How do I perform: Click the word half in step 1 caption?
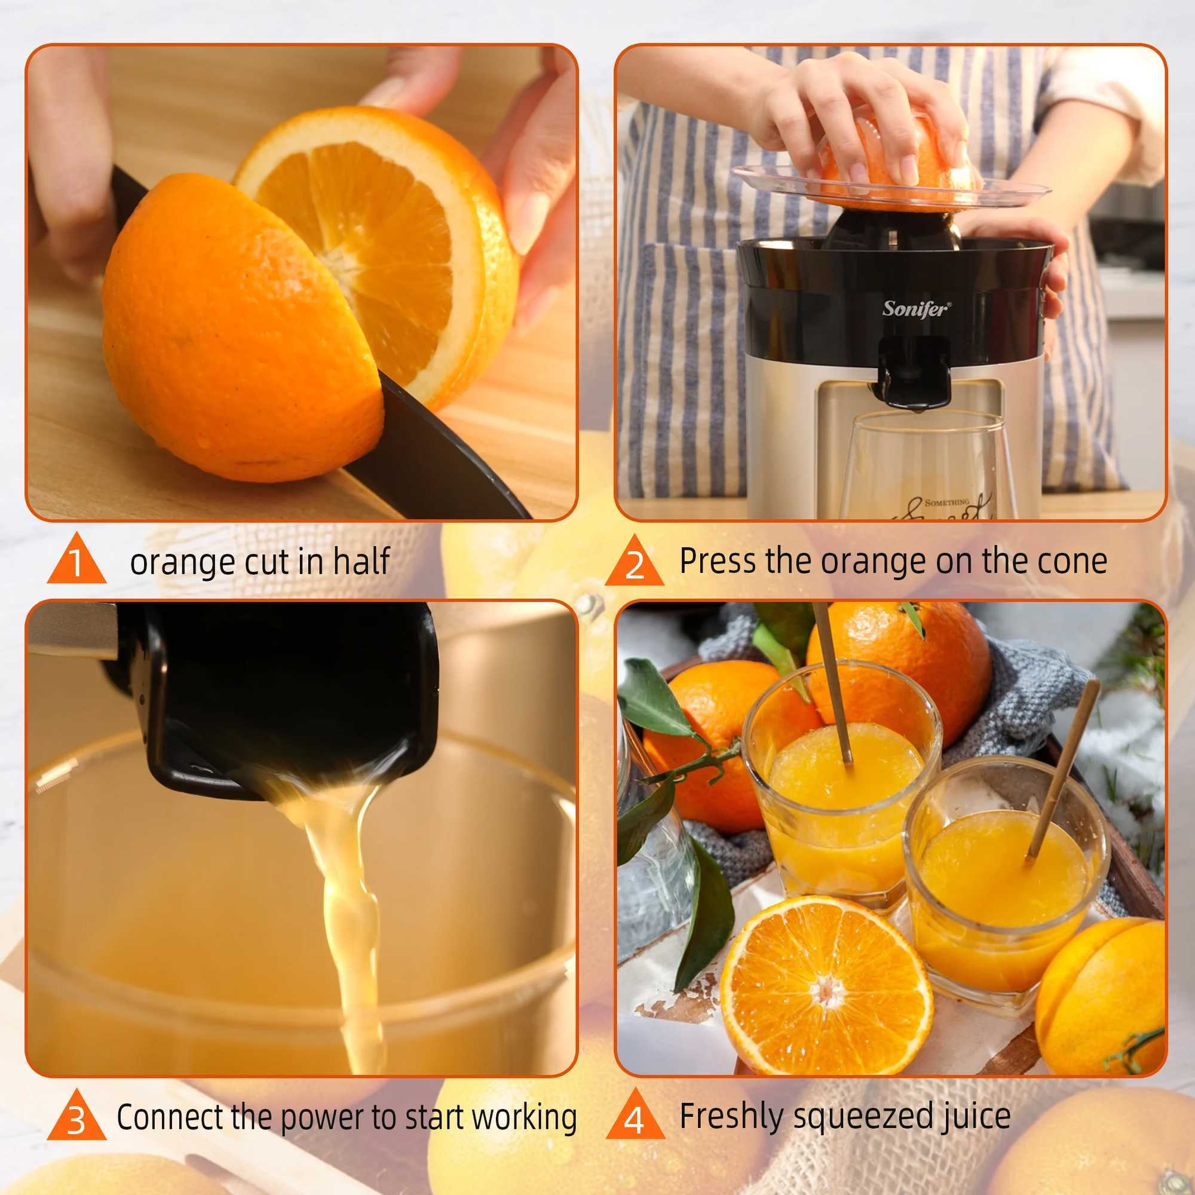click(361, 561)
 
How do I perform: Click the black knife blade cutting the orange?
click(433, 452)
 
